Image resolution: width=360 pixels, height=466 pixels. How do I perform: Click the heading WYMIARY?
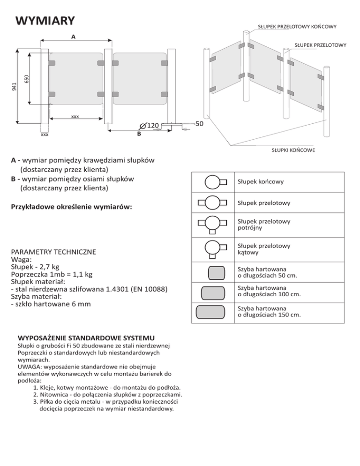pos(45,21)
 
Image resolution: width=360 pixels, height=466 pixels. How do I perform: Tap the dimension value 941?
pos(15,86)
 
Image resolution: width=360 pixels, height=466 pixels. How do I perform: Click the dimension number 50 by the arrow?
pos(199,124)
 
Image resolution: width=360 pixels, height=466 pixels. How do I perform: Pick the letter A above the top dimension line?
pos(73,36)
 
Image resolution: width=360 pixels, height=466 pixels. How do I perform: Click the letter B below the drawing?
pos(139,134)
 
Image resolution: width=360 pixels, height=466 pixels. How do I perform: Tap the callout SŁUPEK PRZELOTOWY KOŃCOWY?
pos(297,27)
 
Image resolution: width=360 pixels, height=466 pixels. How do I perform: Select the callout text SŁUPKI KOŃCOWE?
pos(293,150)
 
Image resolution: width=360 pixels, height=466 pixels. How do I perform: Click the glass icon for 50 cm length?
pos(213,272)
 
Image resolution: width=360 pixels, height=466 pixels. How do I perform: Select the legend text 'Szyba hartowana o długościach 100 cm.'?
pos(269,291)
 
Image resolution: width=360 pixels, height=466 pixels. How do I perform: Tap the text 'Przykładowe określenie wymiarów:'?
pos(73,207)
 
